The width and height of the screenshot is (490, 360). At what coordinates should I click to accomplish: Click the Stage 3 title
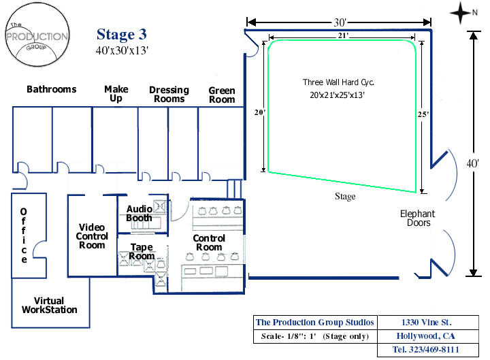pyautogui.click(x=121, y=35)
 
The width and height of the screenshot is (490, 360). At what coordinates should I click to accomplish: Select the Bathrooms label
pyautogui.click(x=52, y=90)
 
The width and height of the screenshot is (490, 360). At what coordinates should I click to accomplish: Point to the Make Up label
pyautogui.click(x=116, y=94)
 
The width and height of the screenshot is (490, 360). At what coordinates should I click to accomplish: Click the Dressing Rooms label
pyautogui.click(x=169, y=95)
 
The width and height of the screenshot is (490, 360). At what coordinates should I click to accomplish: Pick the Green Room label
pyautogui.click(x=222, y=95)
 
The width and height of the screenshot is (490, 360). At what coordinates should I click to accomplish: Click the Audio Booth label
pyautogui.click(x=139, y=214)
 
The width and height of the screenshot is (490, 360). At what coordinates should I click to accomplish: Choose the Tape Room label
pyautogui.click(x=142, y=252)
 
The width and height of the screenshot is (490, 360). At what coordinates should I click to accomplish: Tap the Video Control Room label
pyautogui.click(x=92, y=236)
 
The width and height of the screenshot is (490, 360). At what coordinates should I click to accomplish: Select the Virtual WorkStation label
pyautogui.click(x=49, y=306)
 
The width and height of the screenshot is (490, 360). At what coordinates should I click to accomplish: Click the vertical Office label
pyautogui.click(x=24, y=235)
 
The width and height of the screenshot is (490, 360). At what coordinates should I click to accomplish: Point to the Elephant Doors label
pyautogui.click(x=417, y=218)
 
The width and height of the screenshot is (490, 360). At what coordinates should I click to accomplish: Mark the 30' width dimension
pyautogui.click(x=338, y=22)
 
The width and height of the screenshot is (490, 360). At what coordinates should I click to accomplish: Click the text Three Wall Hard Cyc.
pyautogui.click(x=339, y=82)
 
